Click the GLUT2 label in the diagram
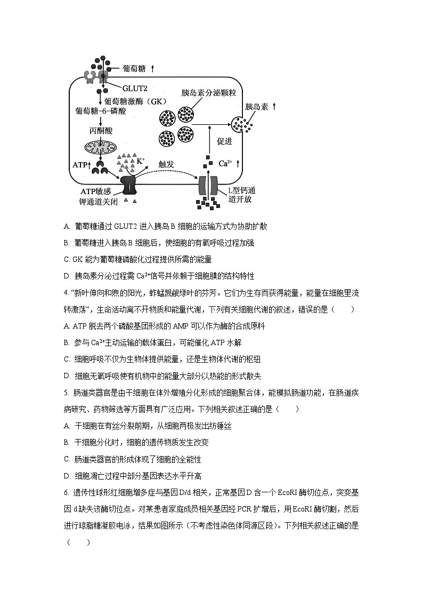(x=135, y=87)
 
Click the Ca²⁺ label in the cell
(x=227, y=163)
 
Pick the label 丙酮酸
(x=101, y=130)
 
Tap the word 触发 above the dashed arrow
(x=167, y=164)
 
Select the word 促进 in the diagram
(x=225, y=141)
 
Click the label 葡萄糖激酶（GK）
(x=136, y=101)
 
